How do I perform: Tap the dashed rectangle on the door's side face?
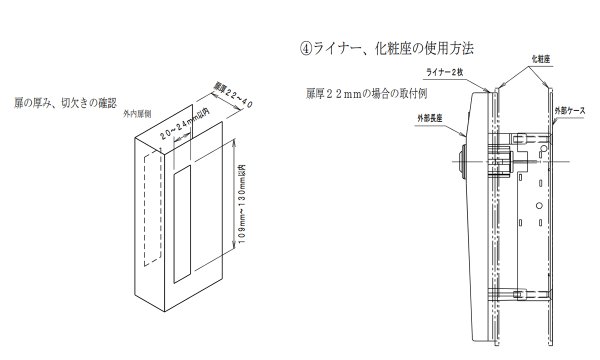(x=148, y=210)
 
